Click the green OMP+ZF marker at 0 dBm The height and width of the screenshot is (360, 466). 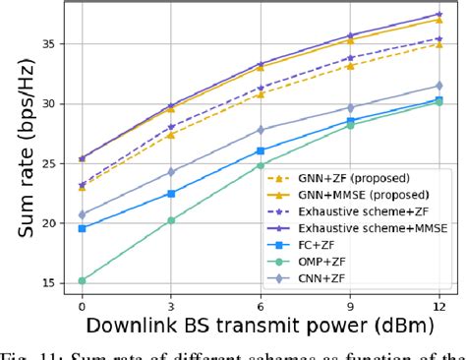82,280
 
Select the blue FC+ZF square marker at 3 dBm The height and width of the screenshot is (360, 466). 171,194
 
